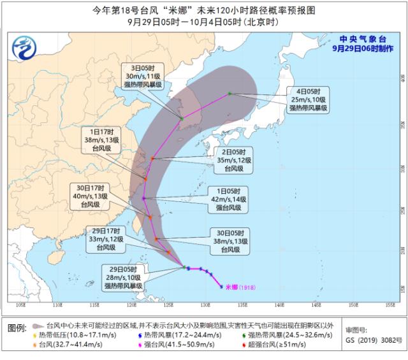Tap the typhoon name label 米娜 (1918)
point(241,287)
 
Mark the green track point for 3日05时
point(182,119)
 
